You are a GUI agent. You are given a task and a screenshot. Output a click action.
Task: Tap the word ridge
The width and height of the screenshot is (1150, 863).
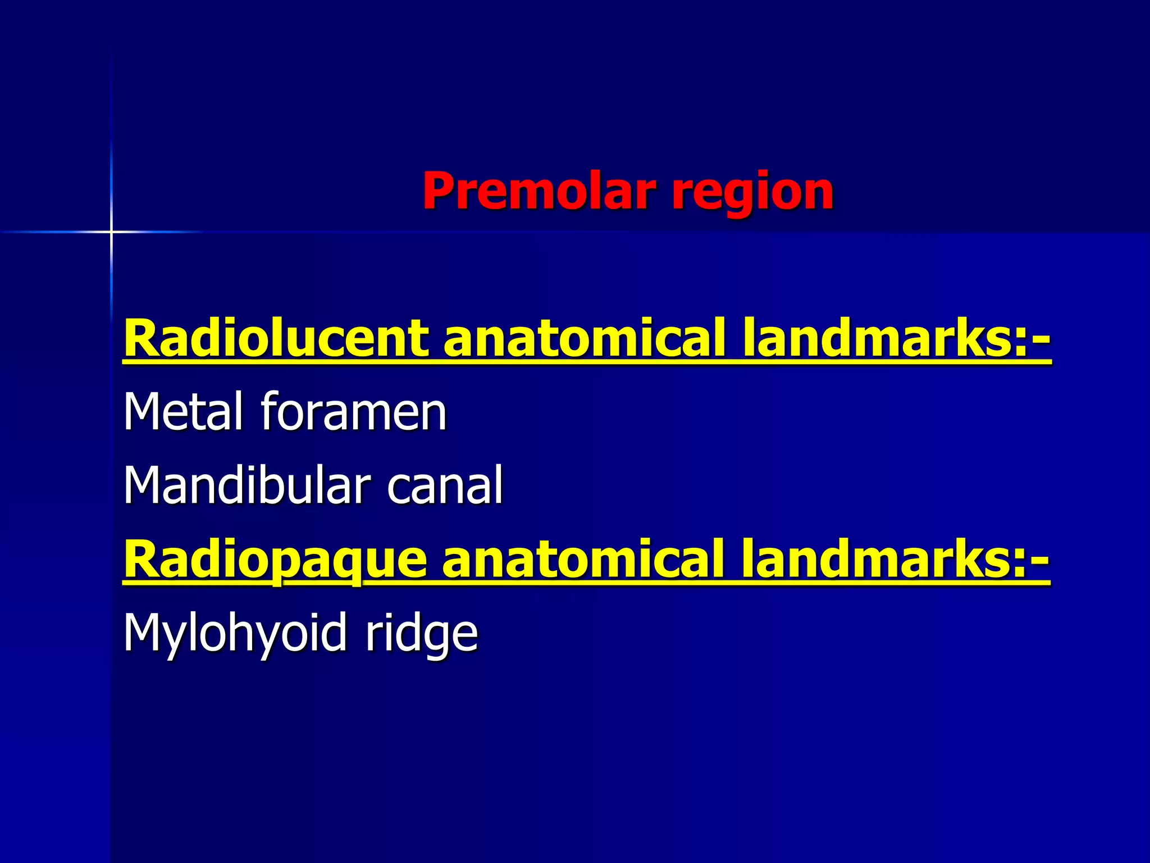point(421,634)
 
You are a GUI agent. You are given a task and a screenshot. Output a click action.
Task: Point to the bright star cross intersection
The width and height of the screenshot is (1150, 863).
point(111,231)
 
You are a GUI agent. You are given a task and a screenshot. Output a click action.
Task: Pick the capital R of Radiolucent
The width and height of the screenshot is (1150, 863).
point(140,338)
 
